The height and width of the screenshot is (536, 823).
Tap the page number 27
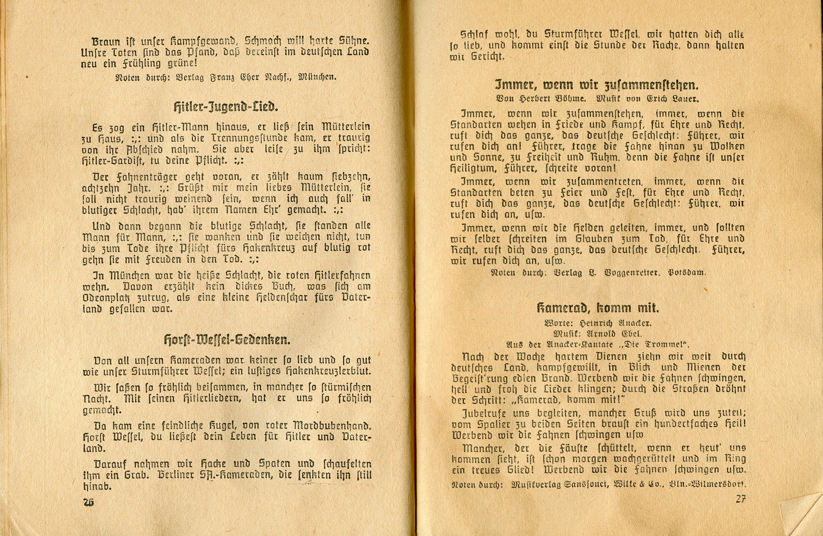point(740,499)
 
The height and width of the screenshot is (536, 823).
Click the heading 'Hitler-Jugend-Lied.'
point(225,107)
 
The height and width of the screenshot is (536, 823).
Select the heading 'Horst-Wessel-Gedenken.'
point(227,339)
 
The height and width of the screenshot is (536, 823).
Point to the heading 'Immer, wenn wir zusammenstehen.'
point(597,85)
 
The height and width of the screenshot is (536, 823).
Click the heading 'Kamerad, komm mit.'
point(598,308)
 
